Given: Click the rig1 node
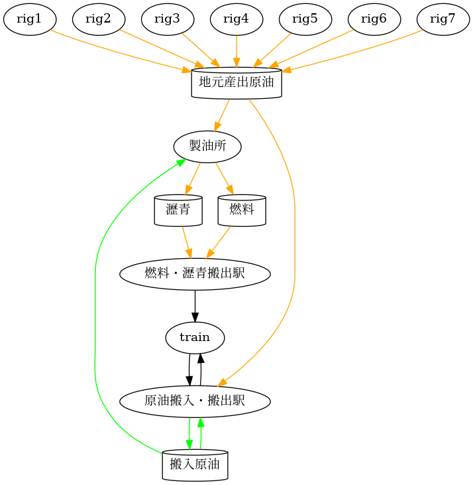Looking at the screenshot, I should point(29,19).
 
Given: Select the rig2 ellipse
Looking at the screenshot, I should point(98,19).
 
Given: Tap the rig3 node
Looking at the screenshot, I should point(167,19).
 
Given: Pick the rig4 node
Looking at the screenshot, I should point(236,19).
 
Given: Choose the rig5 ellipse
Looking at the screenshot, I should point(305,19).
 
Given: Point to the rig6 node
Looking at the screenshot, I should point(374,19).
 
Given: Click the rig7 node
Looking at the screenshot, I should point(443,19).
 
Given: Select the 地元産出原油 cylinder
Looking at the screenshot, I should point(236,83).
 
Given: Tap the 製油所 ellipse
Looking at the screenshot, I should point(207,146).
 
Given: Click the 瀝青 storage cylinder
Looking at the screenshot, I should point(178,210).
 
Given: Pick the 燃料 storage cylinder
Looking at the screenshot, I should point(242,210).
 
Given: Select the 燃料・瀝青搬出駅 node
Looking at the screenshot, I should point(195,274).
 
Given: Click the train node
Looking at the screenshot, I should point(195,338).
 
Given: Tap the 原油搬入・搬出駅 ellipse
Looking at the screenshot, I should point(195,401).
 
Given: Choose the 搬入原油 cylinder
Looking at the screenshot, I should point(195,464).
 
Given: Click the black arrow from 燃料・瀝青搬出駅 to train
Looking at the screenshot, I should point(195,306).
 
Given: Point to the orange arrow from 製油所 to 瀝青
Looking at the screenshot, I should point(193,178).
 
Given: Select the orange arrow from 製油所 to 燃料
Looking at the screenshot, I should point(225,178).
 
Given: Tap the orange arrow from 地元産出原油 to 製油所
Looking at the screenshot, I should point(223,115).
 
